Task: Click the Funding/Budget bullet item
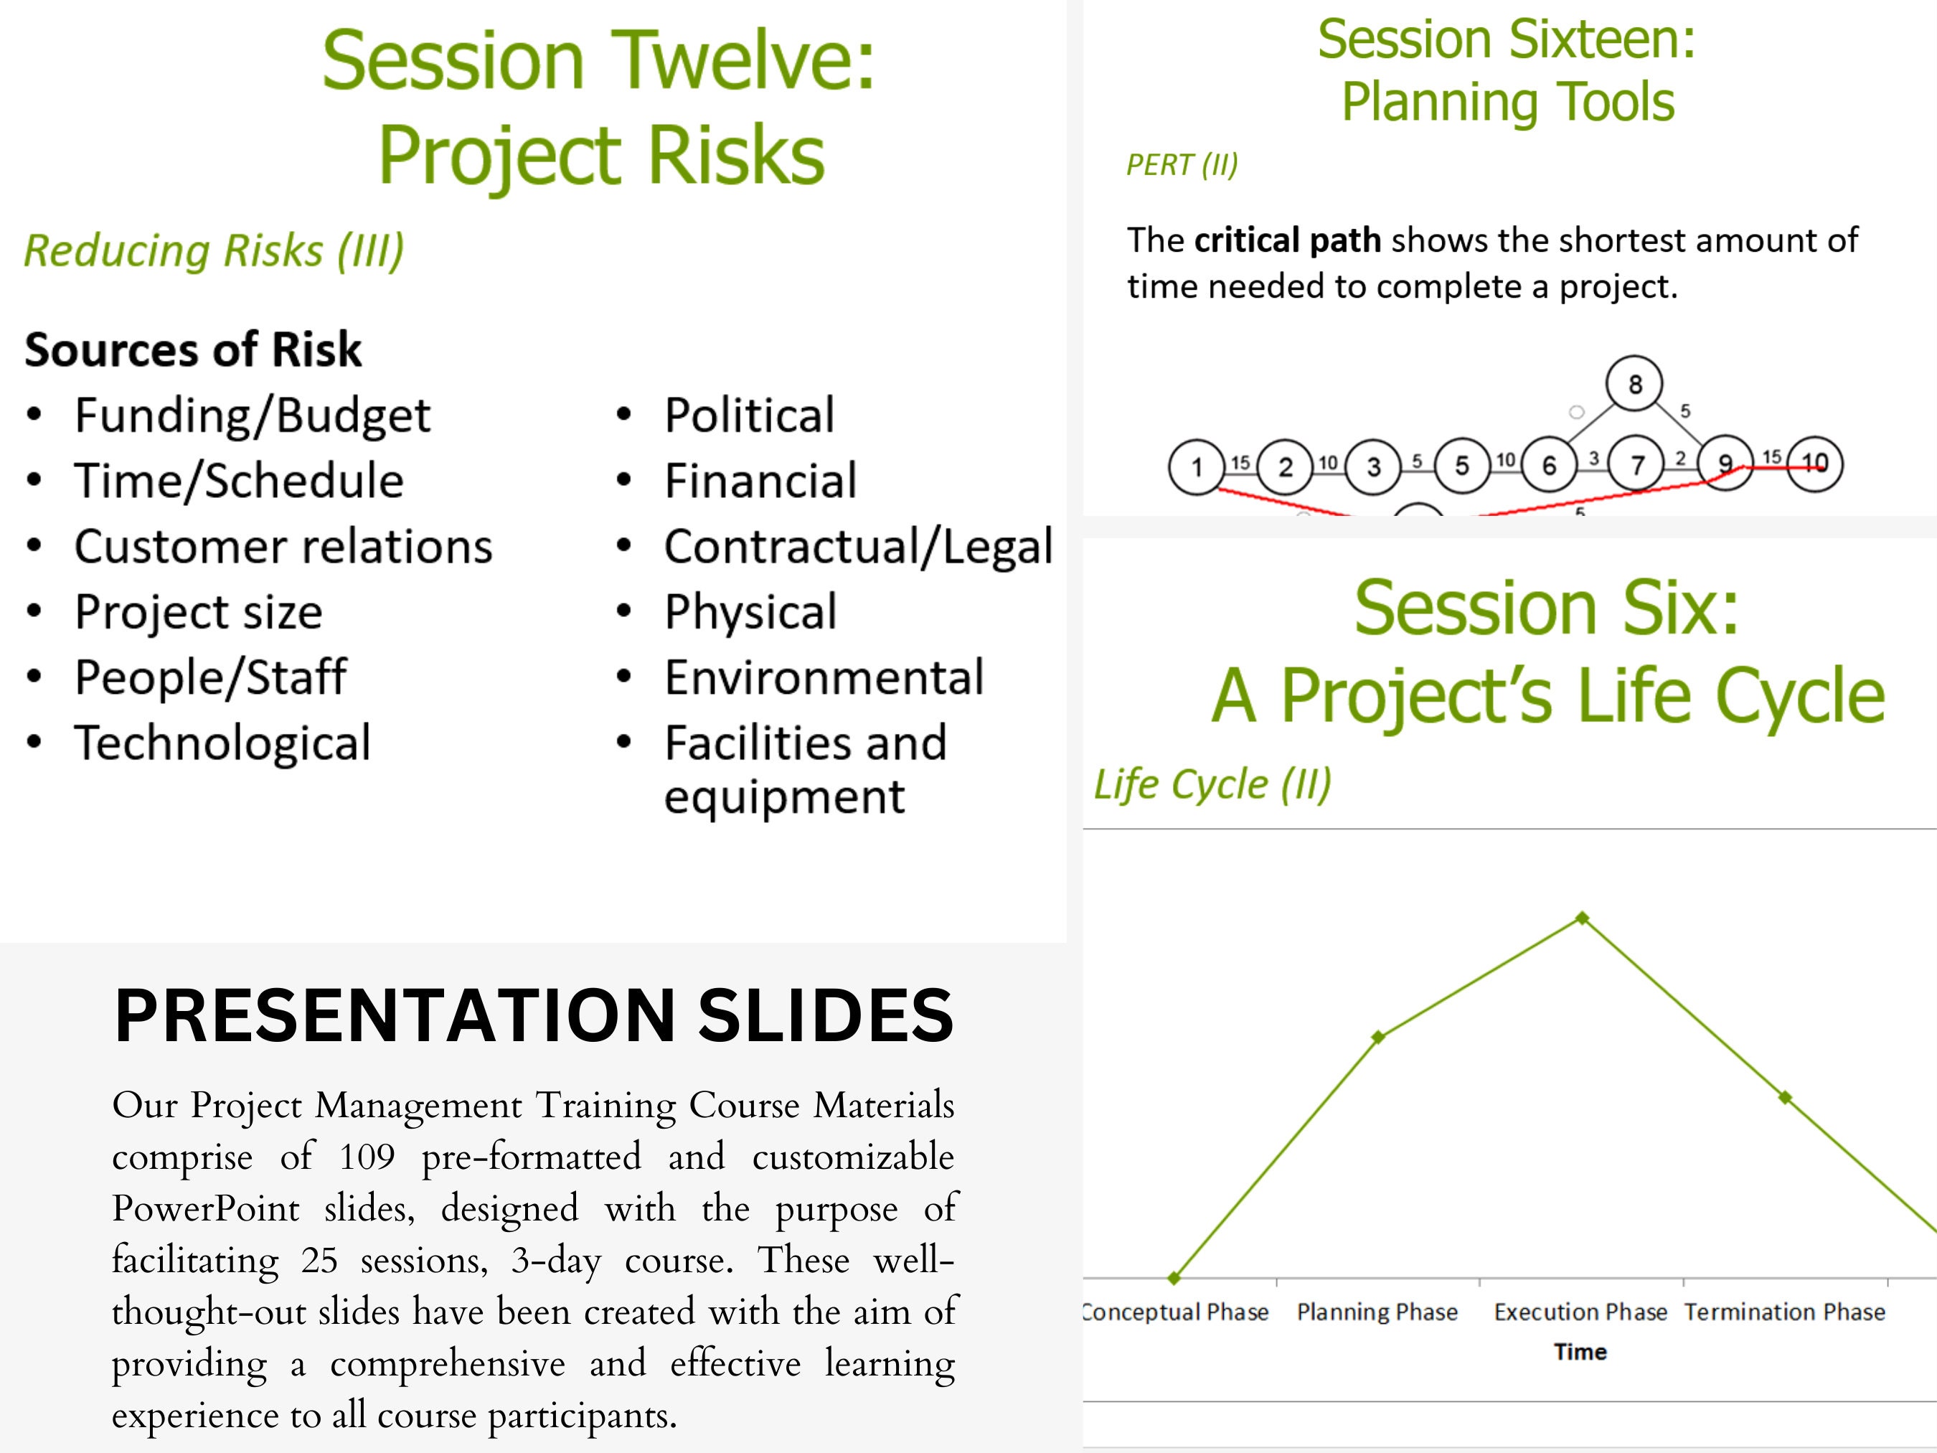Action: (253, 415)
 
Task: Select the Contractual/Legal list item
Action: (858, 547)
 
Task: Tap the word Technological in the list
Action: (222, 743)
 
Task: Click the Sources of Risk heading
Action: (193, 349)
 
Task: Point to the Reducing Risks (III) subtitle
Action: (214, 250)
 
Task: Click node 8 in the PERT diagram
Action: (1634, 384)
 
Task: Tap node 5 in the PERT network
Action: (1461, 465)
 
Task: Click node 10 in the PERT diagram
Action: (1814, 464)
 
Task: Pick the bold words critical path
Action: (1287, 240)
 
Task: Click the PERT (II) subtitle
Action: (1182, 164)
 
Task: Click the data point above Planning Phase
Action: (1377, 1037)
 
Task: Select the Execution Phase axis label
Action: (1580, 1312)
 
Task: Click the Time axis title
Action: (1580, 1351)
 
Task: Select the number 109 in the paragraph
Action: (367, 1157)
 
